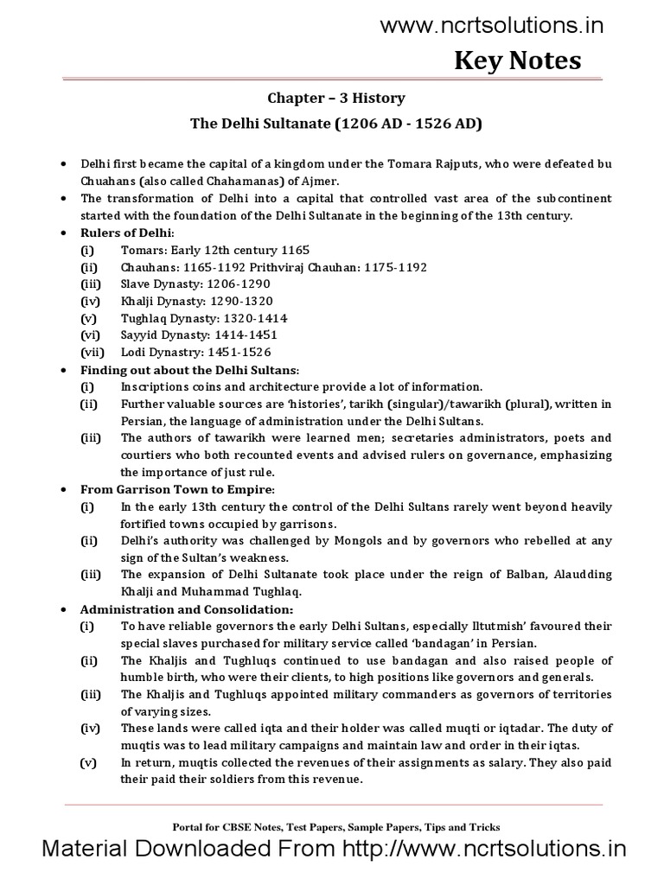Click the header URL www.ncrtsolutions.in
tap(492, 25)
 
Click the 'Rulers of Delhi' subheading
tap(127, 233)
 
